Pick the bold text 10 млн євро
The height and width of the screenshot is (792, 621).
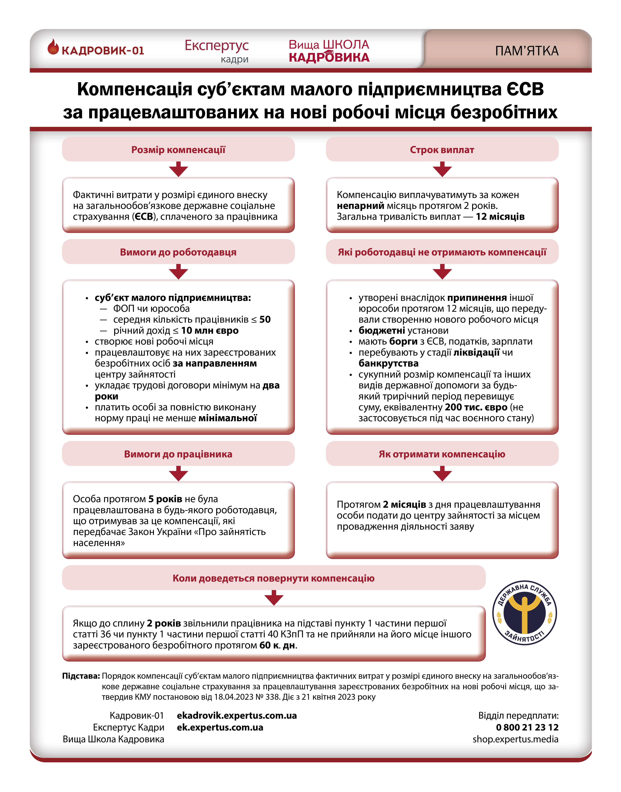(x=210, y=331)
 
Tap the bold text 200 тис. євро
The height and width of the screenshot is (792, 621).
(x=476, y=408)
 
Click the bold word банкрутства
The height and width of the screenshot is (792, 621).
(x=388, y=363)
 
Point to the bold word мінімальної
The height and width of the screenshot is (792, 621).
(x=228, y=418)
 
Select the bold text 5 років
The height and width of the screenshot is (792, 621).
(x=165, y=499)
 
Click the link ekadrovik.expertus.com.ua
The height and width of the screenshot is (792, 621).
(x=237, y=716)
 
